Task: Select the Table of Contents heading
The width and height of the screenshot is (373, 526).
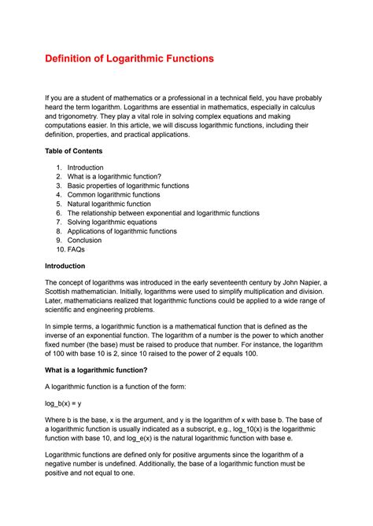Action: (74, 151)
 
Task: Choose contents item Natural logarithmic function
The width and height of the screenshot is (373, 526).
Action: (116, 204)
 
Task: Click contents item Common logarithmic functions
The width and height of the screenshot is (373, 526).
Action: (113, 195)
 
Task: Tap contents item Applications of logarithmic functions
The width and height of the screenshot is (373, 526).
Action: (122, 232)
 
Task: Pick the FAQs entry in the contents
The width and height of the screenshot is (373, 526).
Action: (76, 250)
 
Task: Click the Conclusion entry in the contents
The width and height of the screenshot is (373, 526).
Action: (86, 241)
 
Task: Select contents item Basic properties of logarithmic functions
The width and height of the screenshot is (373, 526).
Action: (128, 186)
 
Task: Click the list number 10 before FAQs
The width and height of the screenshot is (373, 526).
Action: (60, 250)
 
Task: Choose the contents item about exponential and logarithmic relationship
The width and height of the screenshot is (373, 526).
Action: (163, 213)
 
